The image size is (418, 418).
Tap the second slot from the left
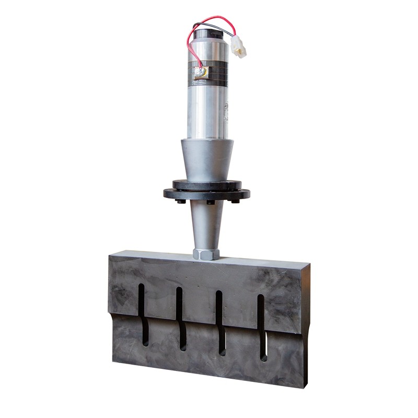[180, 319]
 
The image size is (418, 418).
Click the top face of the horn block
[209, 259]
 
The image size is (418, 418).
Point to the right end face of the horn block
[306, 324]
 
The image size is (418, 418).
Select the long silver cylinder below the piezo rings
[208, 110]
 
